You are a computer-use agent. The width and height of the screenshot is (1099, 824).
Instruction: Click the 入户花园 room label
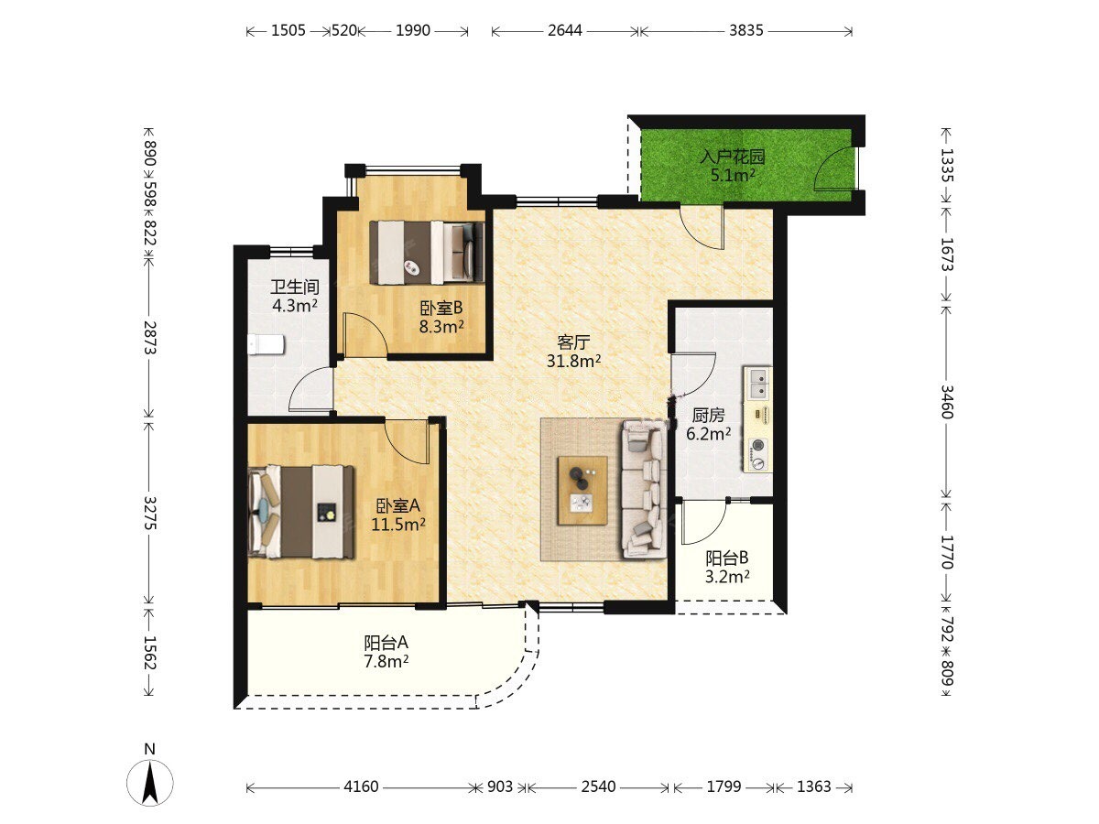point(733,157)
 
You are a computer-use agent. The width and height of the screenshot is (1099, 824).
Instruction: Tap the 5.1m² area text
point(733,176)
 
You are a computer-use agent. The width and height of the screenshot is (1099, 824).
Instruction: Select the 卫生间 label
point(295,287)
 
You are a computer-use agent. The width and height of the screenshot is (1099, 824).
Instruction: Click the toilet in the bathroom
point(266,345)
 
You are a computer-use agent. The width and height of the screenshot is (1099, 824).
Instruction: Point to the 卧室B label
point(441,308)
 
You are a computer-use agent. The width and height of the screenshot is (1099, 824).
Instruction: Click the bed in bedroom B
point(427,253)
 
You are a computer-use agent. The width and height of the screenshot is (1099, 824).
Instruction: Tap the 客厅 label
point(573,342)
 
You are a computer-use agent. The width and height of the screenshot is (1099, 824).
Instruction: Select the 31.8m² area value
point(573,361)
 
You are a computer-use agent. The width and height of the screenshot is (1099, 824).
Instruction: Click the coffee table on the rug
point(582,491)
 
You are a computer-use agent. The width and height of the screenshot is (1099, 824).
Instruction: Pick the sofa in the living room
point(644,488)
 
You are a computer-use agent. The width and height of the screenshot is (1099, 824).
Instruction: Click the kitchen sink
point(757,384)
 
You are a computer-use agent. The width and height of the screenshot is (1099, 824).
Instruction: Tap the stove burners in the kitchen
point(757,454)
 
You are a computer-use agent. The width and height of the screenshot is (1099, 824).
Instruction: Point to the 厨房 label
point(709,416)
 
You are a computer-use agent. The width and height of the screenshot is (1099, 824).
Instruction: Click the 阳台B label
point(727,558)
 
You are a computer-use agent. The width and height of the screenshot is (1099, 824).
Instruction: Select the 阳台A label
point(386,643)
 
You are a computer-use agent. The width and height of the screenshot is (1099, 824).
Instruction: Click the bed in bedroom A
point(301,511)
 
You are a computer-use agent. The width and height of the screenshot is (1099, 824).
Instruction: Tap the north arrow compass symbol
point(149,782)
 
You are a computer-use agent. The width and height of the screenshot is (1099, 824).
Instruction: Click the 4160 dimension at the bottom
point(361,787)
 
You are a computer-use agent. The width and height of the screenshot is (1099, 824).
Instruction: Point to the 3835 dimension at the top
point(746,31)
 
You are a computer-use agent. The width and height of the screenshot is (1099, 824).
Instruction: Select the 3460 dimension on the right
point(947,401)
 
